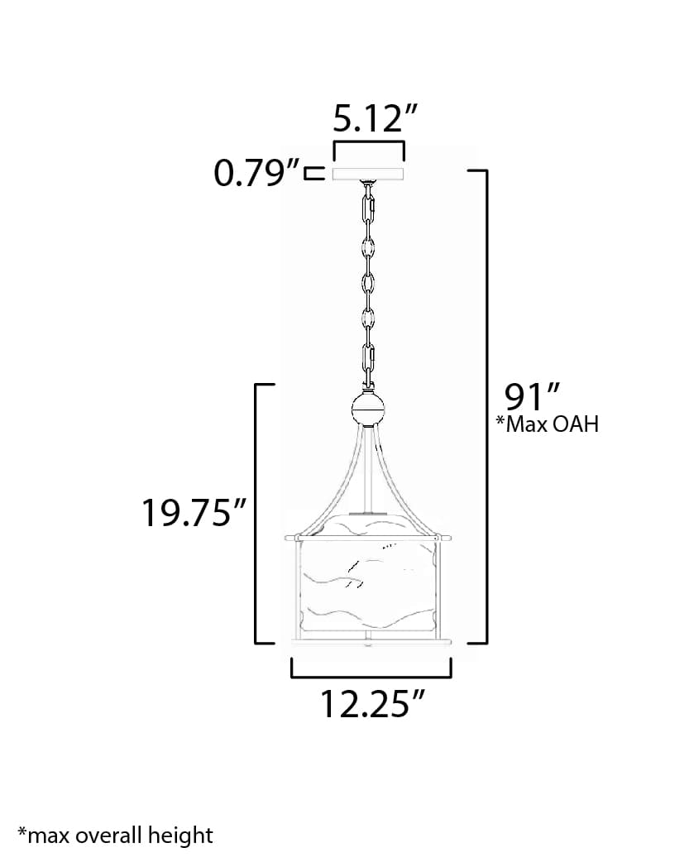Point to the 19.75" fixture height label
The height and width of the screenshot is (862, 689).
coord(195,514)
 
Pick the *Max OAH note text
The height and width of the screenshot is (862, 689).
coord(547,425)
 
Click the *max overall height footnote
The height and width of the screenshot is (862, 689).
coord(115,835)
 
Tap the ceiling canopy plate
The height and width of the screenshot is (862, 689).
coord(368,175)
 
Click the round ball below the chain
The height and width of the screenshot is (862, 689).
coord(369,408)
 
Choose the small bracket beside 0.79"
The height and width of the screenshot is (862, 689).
coord(313,175)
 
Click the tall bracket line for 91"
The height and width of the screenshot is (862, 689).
coord(486,405)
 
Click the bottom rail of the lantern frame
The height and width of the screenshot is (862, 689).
coord(369,639)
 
